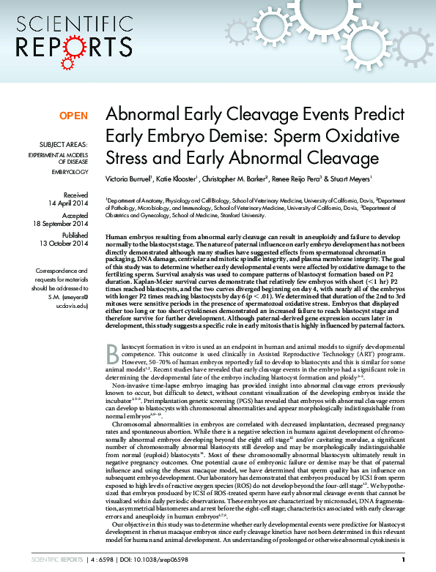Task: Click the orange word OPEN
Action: tap(73, 116)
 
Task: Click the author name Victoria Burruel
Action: tap(129, 178)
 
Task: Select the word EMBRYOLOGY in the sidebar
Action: tap(70, 172)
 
